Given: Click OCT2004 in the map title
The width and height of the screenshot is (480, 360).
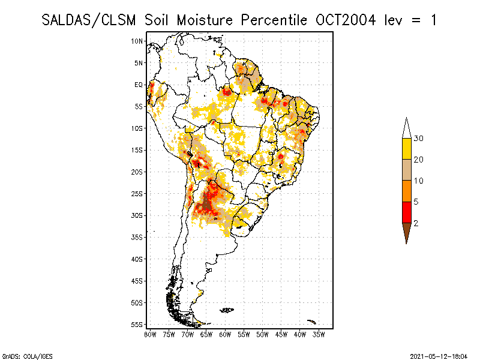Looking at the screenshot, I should pos(346,20).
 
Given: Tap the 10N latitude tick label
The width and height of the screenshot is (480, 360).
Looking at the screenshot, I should pos(137,41).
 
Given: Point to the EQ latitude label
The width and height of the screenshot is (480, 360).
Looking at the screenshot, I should pos(139,85).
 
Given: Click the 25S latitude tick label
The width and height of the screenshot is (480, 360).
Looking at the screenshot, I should pos(137,193).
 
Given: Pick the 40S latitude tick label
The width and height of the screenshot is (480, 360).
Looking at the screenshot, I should pos(137,259).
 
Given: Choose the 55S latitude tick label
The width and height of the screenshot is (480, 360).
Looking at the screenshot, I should pos(137,324).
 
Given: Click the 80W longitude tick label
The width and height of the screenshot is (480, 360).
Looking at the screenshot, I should pos(150,334).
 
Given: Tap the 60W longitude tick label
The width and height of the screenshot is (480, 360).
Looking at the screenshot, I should pos(225,334).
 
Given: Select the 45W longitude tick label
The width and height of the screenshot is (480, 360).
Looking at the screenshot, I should pos(281,334).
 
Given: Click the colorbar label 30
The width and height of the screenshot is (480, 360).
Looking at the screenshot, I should pos(419,139).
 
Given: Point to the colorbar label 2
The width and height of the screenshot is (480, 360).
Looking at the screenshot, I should pos(416,223).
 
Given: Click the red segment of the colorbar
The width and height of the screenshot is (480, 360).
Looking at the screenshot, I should pos(407,212).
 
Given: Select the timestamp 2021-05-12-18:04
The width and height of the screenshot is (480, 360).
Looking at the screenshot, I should pos(439,356).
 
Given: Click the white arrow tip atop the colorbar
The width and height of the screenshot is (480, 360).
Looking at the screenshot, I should pos(407,128).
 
